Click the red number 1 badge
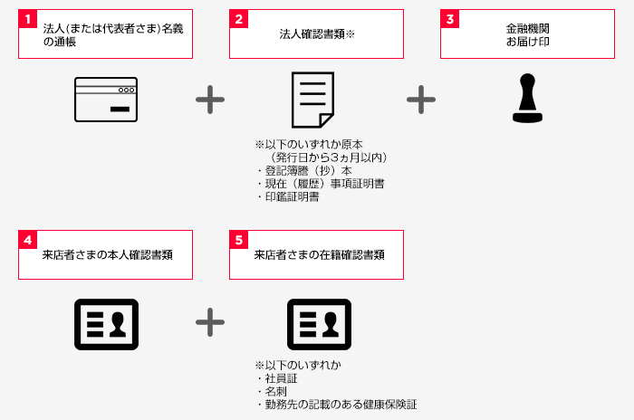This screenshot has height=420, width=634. coord(27,19)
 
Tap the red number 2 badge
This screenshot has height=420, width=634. coord(238,19)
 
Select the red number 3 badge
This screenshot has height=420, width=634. coord(449,19)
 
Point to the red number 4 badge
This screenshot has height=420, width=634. coord(27,240)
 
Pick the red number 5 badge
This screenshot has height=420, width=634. coord(238,240)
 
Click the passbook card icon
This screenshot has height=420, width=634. coord(106,100)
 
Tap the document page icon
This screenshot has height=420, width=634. coord(313,100)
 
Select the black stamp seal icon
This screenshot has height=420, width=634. coord(527,98)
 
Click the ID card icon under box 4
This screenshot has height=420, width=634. coord(106,324)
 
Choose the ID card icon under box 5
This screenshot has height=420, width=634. coord(319,324)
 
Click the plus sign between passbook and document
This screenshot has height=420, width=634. coord(210,100)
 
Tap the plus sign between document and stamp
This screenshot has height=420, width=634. coord(421,100)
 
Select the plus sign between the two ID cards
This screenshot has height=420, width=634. coord(210,322)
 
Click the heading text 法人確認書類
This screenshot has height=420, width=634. coord(312,34)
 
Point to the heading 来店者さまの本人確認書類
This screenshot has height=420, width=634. coord(107,254)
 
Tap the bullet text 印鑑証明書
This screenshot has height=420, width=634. coord(292,196)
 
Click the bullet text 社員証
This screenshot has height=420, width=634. coord(281,378)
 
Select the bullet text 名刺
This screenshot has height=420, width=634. coord(275,391)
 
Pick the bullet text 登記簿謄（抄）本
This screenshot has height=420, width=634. coord(309,170)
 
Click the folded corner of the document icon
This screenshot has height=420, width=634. coord(326,119)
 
